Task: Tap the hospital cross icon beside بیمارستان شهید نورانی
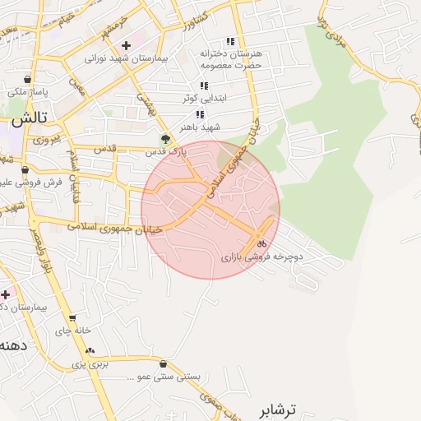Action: (x=125, y=45)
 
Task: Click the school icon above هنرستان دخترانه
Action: (x=230, y=41)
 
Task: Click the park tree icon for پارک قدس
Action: (x=165, y=139)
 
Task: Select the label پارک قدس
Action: (x=166, y=152)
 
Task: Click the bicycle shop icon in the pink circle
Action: (x=261, y=243)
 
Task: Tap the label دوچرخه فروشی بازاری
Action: (x=262, y=257)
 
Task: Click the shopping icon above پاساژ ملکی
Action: (x=28, y=80)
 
